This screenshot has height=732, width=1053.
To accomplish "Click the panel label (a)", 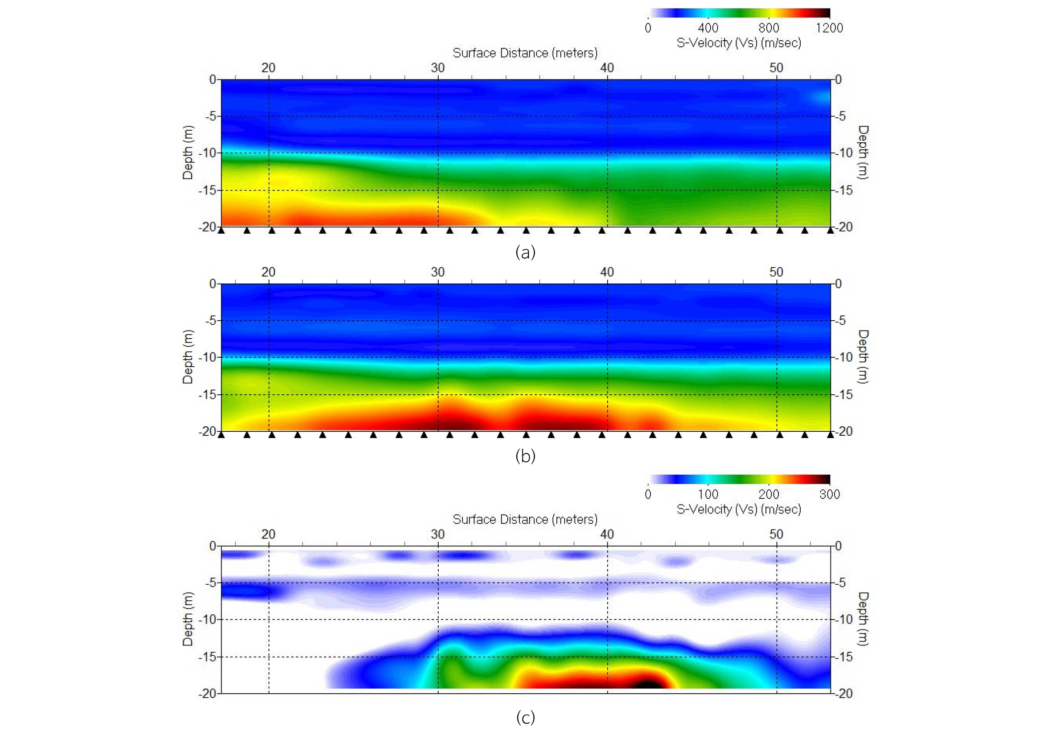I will coord(525,252).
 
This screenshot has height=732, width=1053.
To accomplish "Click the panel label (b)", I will coord(525,456).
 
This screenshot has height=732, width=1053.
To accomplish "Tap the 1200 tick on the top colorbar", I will coord(829,28).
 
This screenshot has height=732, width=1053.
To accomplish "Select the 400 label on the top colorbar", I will coord(708,28).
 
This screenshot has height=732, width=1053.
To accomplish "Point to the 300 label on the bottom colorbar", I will coord(829,494).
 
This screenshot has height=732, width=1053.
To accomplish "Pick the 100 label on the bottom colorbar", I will coord(708,494).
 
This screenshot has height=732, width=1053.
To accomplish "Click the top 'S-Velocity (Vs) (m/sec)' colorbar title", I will coord(739,43).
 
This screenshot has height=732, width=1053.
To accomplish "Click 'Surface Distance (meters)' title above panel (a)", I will coord(525,53).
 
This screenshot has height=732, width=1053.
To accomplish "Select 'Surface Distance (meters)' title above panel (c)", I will coord(525,520).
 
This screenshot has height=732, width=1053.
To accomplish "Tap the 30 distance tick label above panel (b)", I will coord(437,272).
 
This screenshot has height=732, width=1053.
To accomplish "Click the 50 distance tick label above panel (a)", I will coord(776,68).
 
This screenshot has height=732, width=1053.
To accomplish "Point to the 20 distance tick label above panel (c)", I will coord(268,534).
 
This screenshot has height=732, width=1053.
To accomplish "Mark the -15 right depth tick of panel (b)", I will coord(843,394).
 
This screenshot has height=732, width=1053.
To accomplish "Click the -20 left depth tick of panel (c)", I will coord(207,694).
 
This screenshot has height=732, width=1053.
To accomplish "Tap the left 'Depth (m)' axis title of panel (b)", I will coord(188,357).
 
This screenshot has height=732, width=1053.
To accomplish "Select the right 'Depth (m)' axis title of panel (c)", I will coord(863,619).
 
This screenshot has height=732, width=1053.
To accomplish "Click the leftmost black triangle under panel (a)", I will coord(221,231).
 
